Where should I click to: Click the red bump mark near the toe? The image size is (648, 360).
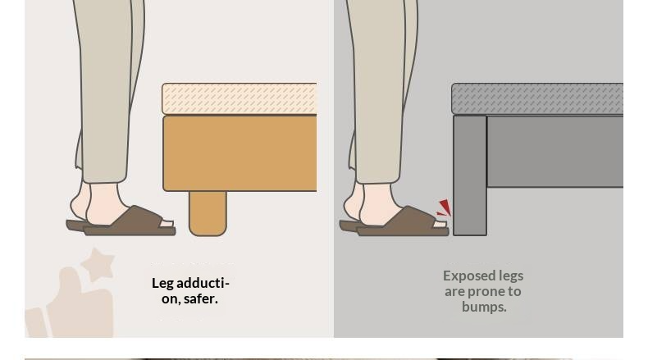[445, 208]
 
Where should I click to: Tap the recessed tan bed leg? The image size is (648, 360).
[208, 213]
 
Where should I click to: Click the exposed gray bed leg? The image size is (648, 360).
[470, 175]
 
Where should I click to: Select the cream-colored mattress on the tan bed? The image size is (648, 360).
[240, 98]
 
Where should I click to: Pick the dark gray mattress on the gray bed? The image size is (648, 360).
[537, 98]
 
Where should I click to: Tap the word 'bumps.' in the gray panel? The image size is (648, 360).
[484, 307]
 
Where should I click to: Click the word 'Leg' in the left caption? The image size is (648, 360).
[162, 284]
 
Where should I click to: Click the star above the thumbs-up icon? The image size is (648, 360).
[98, 264]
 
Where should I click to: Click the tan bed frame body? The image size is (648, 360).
[240, 153]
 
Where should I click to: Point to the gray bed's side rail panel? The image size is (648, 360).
[555, 152]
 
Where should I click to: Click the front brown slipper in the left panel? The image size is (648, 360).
[130, 222]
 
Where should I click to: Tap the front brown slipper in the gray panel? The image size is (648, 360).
[403, 222]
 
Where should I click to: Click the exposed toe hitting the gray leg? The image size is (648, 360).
[440, 224]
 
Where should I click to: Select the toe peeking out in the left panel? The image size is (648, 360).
[167, 224]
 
